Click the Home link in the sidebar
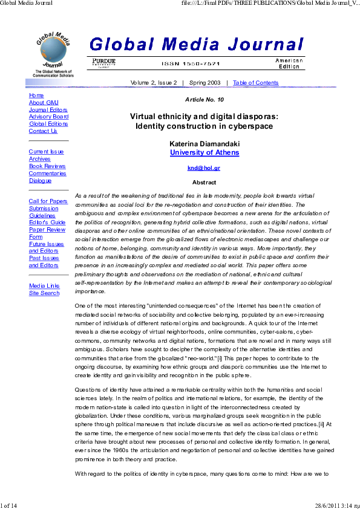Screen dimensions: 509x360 36,96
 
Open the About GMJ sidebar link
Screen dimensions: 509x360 44,103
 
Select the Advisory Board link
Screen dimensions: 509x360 48,117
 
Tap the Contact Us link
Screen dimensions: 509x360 43,131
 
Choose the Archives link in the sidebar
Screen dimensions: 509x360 39,159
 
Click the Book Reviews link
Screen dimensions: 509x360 47,166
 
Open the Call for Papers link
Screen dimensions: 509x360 48,201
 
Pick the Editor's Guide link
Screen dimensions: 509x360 47,222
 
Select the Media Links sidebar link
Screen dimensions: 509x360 44,286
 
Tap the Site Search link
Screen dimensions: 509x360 44,293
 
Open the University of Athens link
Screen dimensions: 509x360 205,153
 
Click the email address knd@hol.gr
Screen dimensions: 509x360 204,168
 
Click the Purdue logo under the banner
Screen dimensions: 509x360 104,63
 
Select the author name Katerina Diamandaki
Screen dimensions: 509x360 205,144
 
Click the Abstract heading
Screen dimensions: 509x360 204,182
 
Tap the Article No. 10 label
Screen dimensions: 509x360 204,99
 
